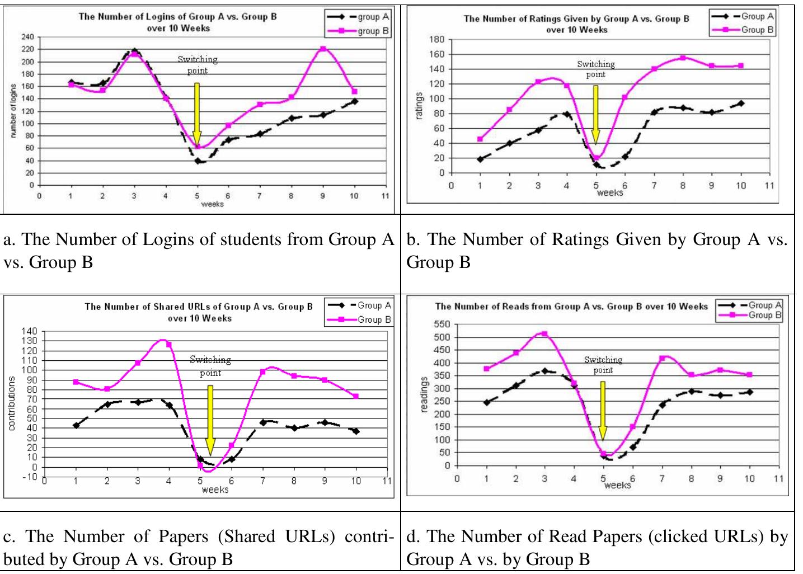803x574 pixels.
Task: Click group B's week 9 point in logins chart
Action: pos(323,49)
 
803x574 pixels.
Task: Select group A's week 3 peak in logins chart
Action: pos(134,51)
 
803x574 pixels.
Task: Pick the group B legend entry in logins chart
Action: pos(359,31)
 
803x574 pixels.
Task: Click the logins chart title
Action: pos(178,22)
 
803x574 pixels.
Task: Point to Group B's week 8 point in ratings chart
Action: pos(683,58)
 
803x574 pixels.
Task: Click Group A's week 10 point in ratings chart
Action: pos(741,103)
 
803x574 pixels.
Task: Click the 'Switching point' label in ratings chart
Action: pos(595,69)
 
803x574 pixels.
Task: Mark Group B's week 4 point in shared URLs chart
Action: pos(169,344)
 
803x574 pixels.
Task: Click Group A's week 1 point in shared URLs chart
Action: pos(76,425)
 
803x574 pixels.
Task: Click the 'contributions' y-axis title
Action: pos(11,403)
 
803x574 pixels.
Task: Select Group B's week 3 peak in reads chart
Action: pos(544,334)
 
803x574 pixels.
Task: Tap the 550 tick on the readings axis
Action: pos(442,324)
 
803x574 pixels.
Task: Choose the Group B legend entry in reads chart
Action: pos(750,316)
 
